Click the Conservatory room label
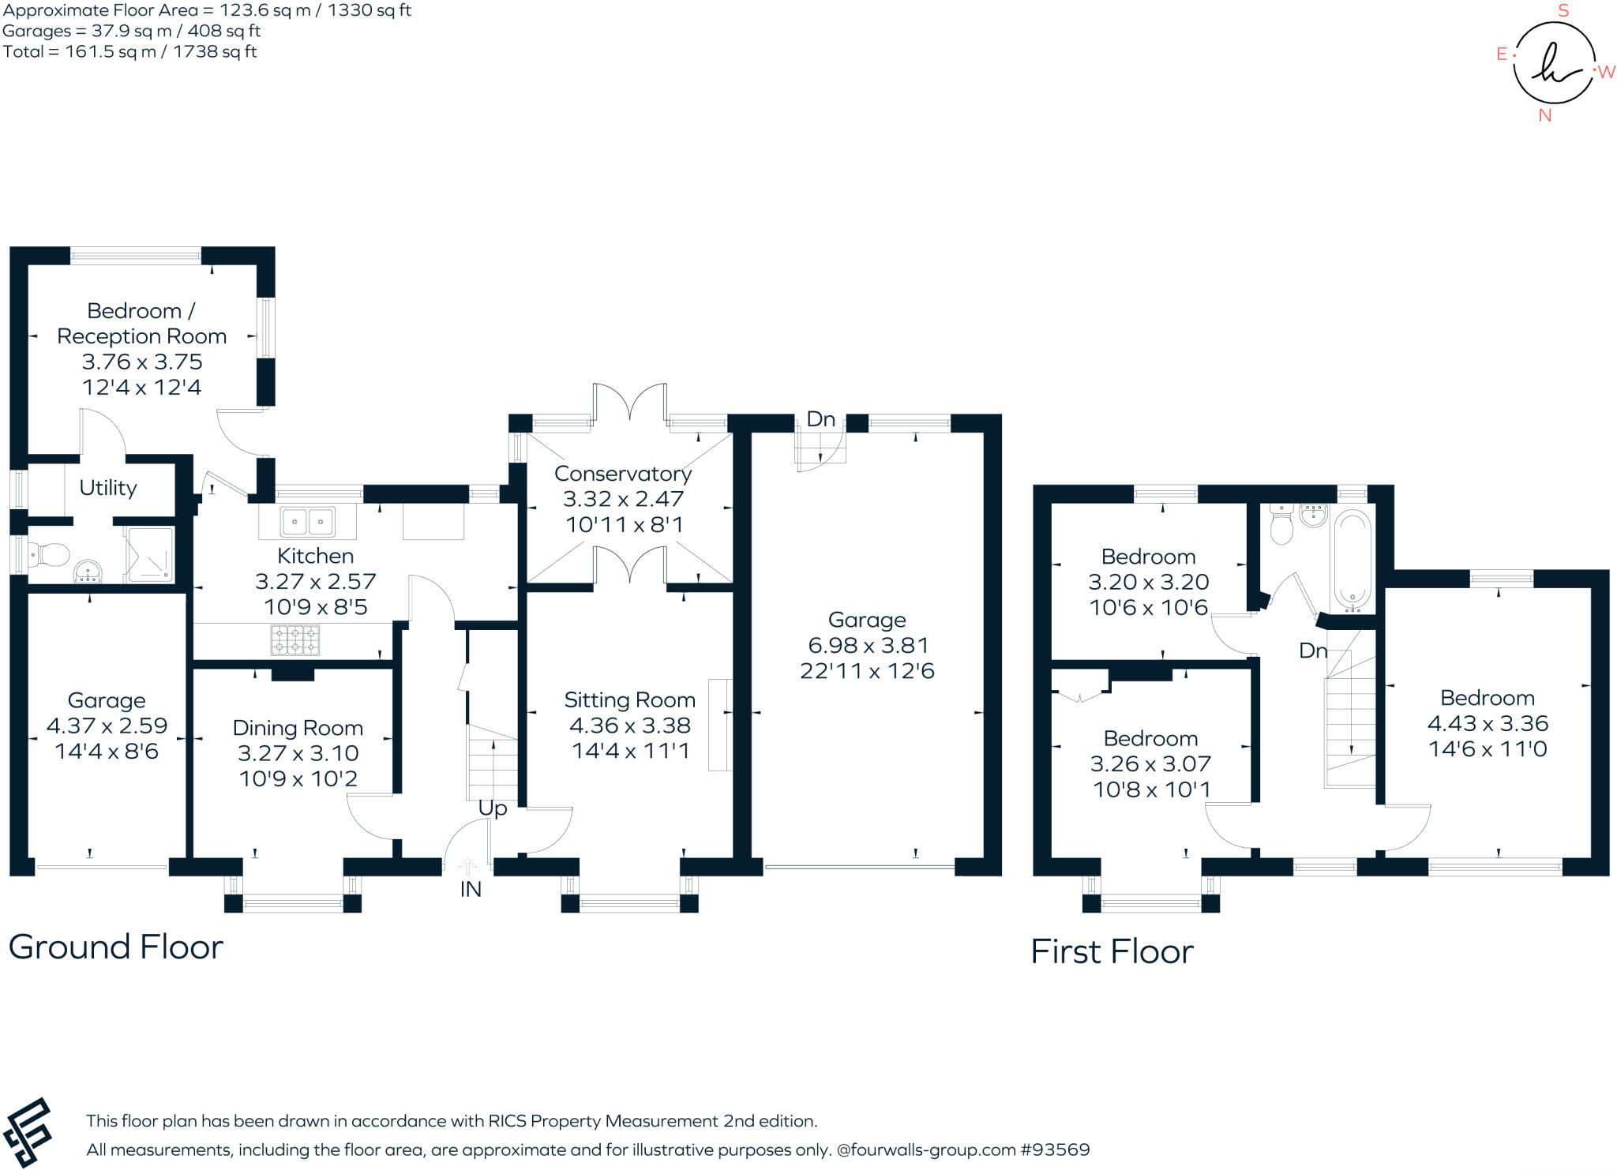623,474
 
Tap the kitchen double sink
307,522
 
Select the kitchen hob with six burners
295,639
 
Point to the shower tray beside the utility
149,555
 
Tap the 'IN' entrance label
471,890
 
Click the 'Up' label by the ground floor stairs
493,808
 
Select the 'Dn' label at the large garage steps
821,419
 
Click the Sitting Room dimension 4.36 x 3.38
629,726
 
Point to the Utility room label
108,488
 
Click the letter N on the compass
1545,115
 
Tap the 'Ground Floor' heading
116,947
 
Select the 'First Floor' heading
1112,951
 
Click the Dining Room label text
298,728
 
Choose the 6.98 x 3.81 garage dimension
868,646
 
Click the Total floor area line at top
129,52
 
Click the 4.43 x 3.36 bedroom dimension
1488,723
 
